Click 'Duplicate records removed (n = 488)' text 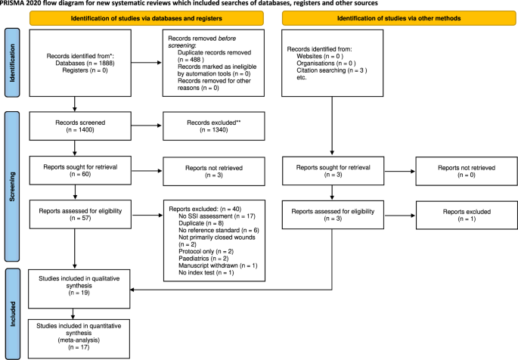216,57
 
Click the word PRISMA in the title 14,5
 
